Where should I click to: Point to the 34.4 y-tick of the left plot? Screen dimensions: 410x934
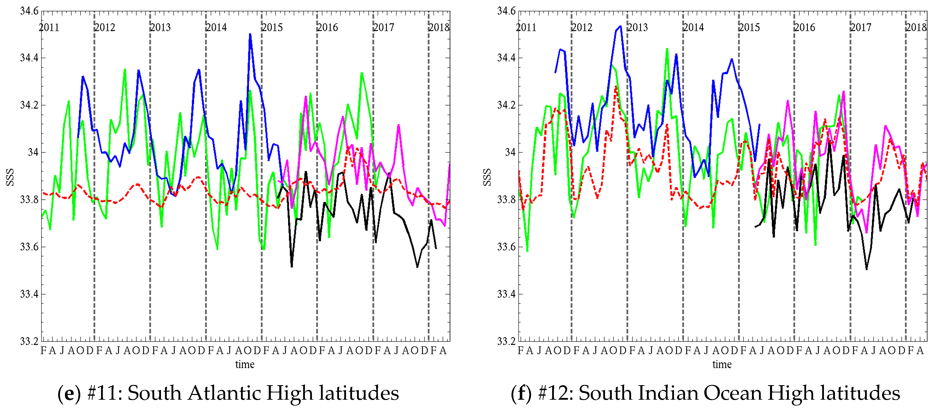(29, 58)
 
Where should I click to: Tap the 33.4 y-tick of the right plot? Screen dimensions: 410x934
(506, 294)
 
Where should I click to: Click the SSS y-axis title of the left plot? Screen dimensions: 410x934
(10, 177)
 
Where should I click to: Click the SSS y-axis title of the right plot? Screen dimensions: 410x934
(487, 177)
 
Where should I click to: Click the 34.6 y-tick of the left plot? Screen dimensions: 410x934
(29, 11)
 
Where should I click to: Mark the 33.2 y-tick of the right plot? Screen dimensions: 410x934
(506, 341)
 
